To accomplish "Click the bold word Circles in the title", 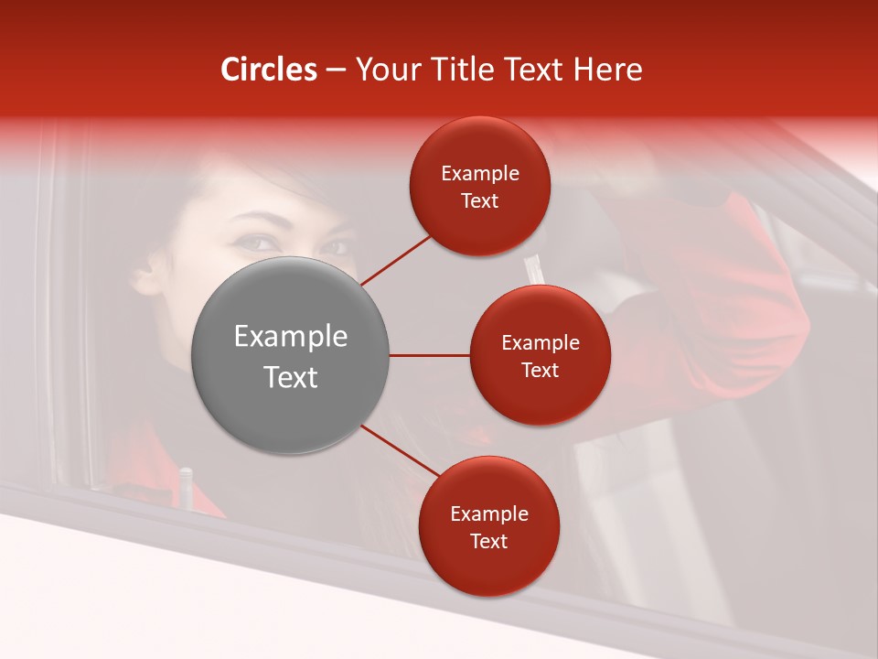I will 268,70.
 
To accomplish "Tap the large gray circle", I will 290,355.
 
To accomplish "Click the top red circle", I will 480,186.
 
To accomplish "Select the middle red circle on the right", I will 540,355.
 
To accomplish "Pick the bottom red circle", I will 488,526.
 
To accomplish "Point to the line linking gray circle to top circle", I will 396,260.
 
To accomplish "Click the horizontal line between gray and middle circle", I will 429,355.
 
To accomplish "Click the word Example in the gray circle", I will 290,336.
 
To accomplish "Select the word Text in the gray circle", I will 290,376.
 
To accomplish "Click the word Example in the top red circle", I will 480,173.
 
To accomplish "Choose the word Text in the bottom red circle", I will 488,541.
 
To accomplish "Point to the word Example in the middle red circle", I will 540,342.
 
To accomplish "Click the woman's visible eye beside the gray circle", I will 258,243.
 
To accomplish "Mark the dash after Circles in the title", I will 335,70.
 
